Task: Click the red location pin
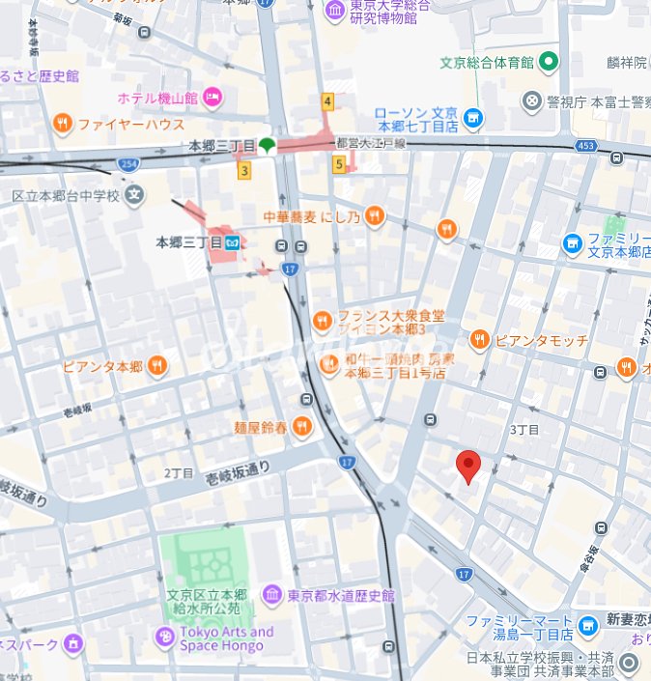coord(468,466)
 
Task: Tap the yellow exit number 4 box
coord(328,101)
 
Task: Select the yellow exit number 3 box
coord(244,171)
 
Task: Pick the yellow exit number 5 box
coord(338,164)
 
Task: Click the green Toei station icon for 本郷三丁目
coord(267,146)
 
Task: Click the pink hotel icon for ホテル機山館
coord(212,97)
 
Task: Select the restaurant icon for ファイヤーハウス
coord(63,123)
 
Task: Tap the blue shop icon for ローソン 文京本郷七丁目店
coord(472,119)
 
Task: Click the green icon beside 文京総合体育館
coord(549,63)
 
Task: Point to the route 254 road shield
coord(128,164)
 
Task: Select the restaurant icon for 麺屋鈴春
coord(302,425)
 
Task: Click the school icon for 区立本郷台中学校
coord(133,195)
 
